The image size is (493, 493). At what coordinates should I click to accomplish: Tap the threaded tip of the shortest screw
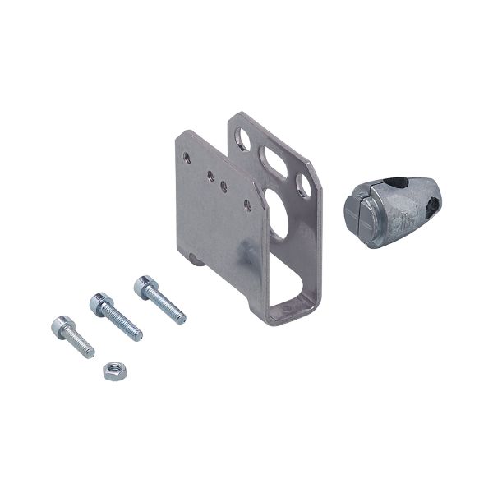(x=89, y=352)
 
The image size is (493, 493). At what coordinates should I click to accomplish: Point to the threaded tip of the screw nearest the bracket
(x=180, y=318)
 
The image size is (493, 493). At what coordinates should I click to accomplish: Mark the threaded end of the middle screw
(x=136, y=334)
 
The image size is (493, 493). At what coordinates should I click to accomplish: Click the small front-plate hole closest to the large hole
(x=246, y=201)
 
